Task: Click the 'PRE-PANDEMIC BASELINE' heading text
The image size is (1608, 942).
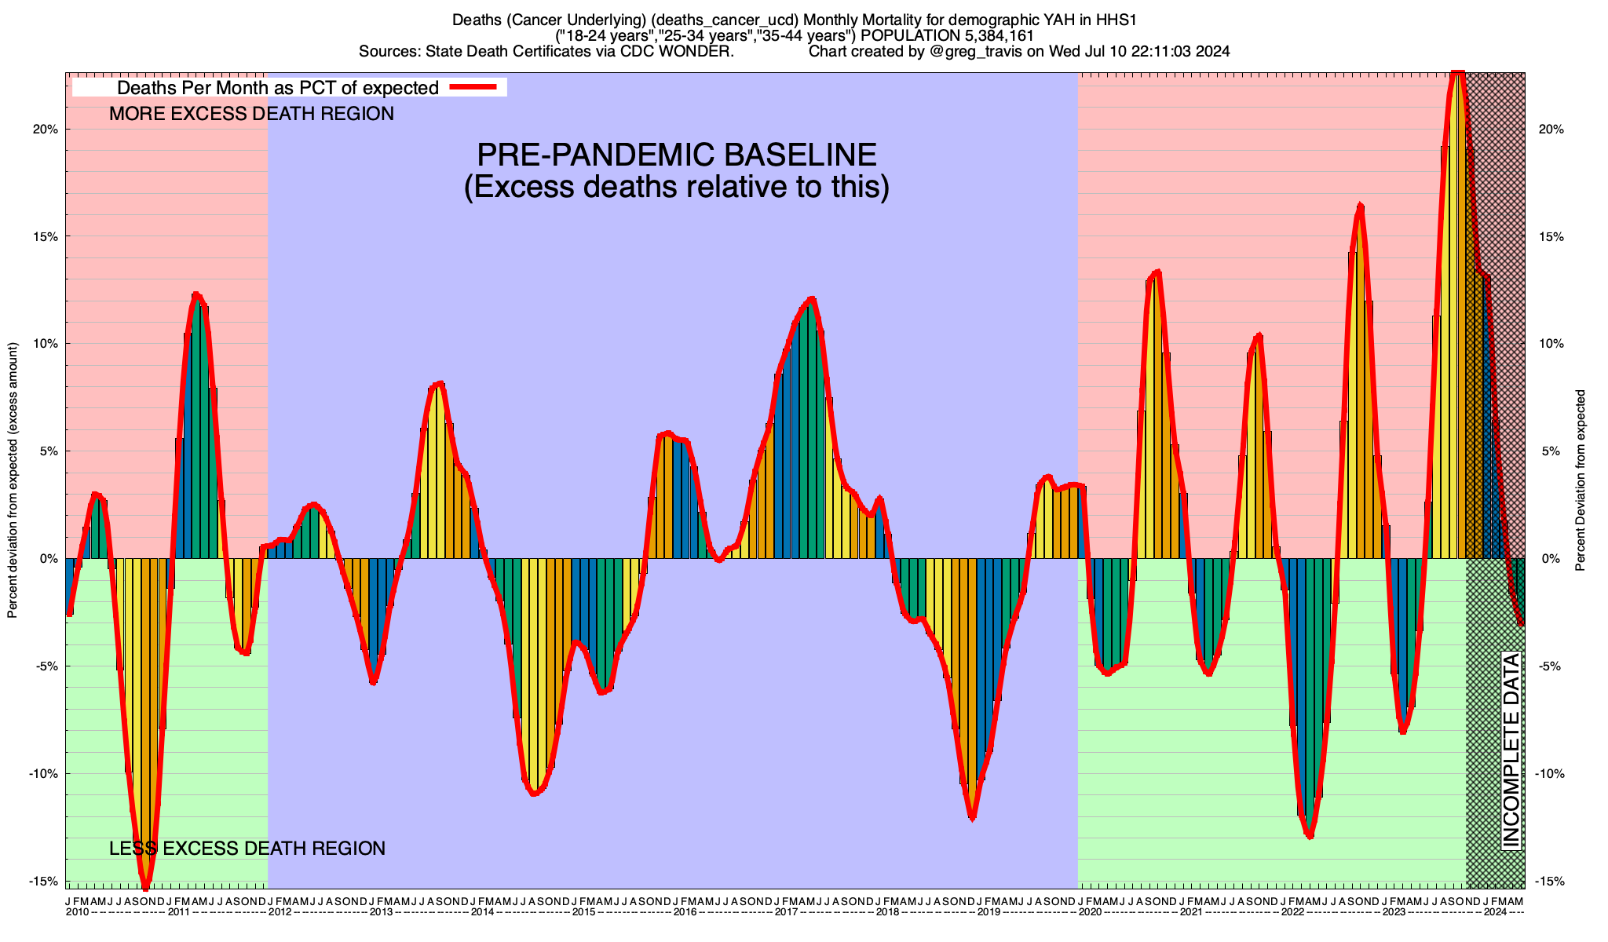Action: (677, 155)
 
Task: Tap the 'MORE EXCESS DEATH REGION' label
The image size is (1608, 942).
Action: (251, 114)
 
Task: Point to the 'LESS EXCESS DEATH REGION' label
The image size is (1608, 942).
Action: (247, 849)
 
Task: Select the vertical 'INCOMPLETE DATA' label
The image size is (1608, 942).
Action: (1511, 750)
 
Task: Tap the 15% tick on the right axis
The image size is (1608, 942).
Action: (1551, 236)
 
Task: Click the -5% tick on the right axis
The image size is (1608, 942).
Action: (1551, 666)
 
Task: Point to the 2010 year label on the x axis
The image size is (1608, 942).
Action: (78, 912)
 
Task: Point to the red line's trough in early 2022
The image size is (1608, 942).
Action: (1309, 837)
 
